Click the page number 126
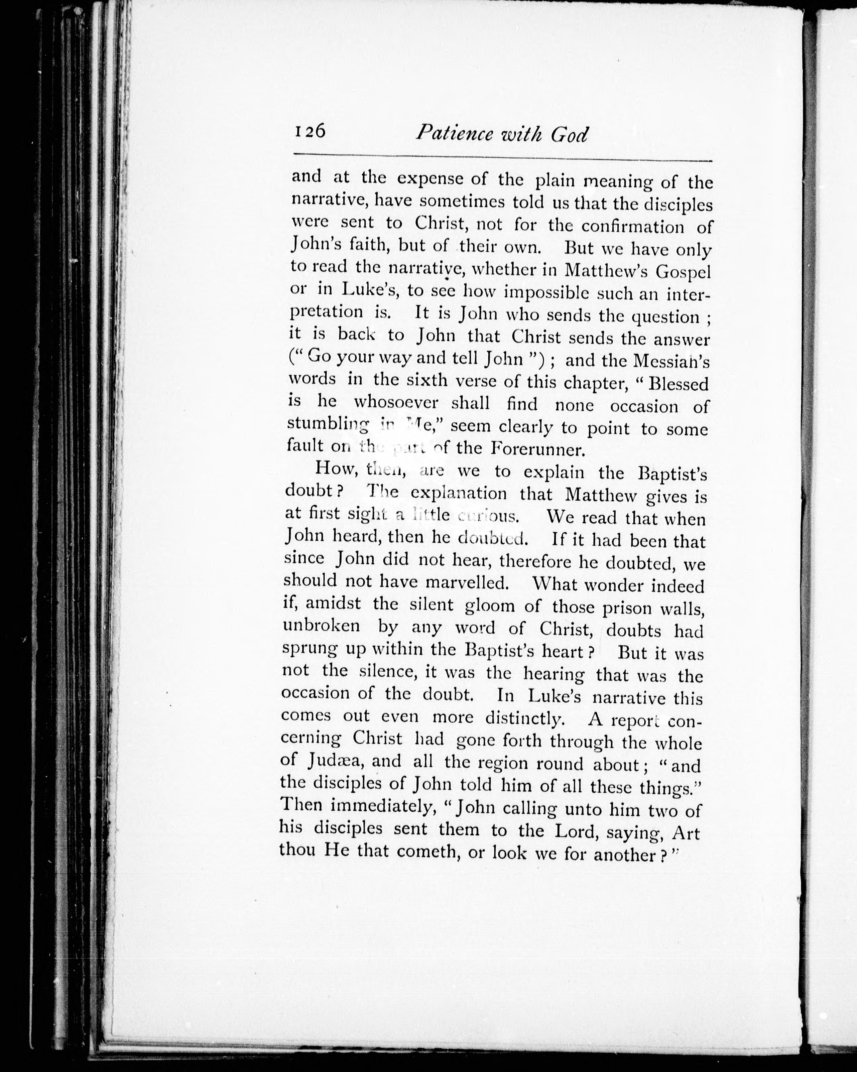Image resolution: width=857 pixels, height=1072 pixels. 310,131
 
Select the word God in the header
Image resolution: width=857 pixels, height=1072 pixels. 570,135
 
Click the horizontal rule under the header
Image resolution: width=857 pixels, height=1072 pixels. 502,160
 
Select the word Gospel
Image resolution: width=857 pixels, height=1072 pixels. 684,272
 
